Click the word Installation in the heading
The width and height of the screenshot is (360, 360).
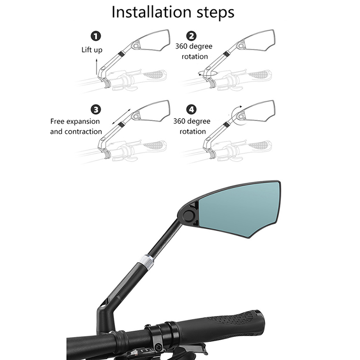[x=151, y=12]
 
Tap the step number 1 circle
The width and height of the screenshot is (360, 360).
[x=96, y=36]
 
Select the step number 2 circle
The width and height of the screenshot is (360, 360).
[x=191, y=36]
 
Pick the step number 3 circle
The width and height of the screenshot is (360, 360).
[x=96, y=109]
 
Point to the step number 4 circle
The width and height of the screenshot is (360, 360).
[x=191, y=109]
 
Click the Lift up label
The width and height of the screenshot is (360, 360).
[x=92, y=50]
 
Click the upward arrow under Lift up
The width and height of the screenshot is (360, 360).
[x=97, y=66]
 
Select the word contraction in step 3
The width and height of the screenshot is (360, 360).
[x=83, y=131]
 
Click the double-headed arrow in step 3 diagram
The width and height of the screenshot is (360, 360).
[x=121, y=117]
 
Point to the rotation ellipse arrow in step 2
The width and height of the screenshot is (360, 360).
[x=208, y=73]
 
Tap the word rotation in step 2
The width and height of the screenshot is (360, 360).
[x=195, y=57]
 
